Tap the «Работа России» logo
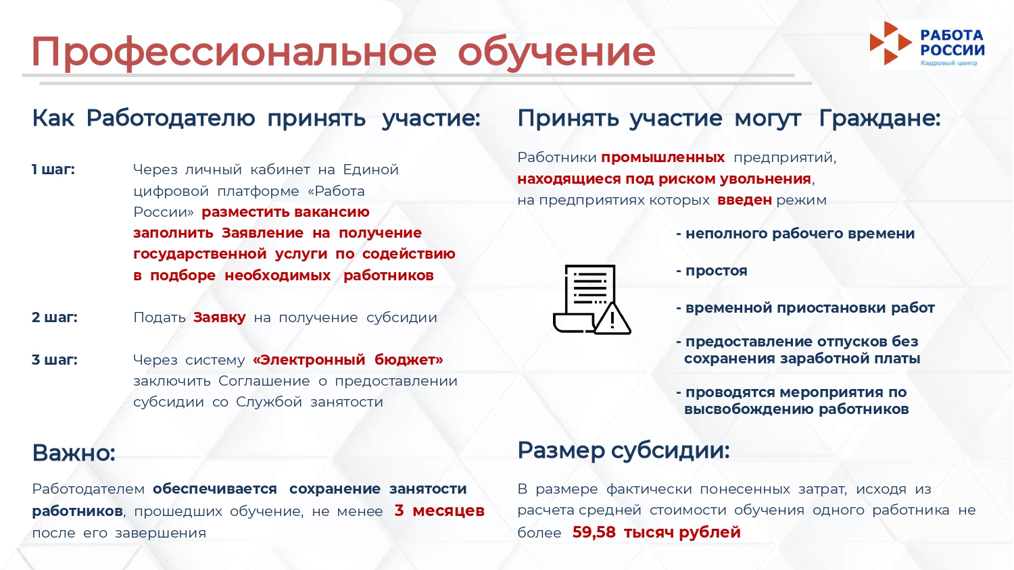pos(927,45)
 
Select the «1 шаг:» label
pos(53,170)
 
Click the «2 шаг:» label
pos(55,317)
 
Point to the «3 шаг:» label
pos(55,360)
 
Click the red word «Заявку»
pos(220,318)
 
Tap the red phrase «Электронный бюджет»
pos(348,360)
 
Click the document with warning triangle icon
pos(591,299)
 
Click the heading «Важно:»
pos(74,453)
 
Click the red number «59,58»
pos(594,532)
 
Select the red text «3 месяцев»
pos(439,511)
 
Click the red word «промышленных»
pos(662,158)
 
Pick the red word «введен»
pos(745,200)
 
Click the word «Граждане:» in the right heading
pos(880,118)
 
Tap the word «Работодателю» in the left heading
pos(170,118)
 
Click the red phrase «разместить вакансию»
pos(286,212)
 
